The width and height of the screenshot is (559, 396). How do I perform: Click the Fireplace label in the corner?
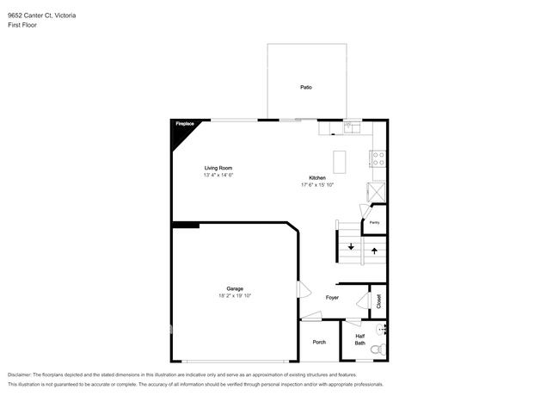tap(184, 125)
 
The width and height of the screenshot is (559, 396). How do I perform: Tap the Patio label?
tap(305, 88)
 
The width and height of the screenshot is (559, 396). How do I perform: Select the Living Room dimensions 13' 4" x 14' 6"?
tap(218, 175)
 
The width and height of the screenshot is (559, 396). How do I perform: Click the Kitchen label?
tap(317, 177)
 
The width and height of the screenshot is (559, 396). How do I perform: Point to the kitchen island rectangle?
tap(340, 159)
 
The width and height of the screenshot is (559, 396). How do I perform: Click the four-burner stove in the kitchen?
tap(377, 158)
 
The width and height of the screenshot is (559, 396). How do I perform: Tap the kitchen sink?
tap(351, 128)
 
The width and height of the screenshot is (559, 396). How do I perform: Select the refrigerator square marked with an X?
tap(376, 191)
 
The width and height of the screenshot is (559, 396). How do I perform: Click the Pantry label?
tap(374, 222)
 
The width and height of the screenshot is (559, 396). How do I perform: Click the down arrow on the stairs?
tap(351, 247)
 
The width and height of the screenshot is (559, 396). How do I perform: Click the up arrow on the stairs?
tap(374, 251)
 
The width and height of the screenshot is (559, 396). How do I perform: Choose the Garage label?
tap(235, 288)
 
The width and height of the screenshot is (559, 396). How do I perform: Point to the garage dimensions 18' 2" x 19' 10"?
tap(235, 296)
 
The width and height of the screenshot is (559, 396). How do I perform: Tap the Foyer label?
tap(332, 298)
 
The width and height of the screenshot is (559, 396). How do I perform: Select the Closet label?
tap(378, 300)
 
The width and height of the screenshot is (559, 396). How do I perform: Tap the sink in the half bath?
tap(383, 329)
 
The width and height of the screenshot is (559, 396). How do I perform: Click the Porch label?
tap(319, 342)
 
